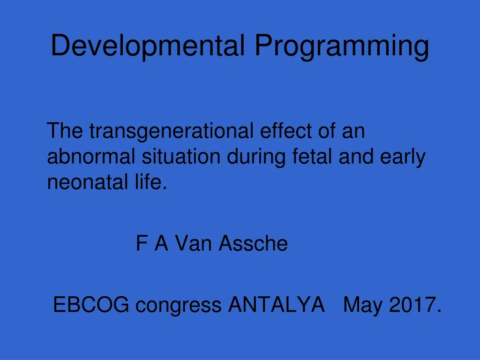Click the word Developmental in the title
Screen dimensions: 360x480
(148, 46)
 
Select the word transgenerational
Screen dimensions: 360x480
(172, 131)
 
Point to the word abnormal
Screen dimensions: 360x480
(91, 157)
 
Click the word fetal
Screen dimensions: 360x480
(313, 157)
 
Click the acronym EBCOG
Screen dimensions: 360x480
(91, 305)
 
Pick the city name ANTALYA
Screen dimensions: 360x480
(276, 305)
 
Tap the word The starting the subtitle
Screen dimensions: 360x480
(66, 131)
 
